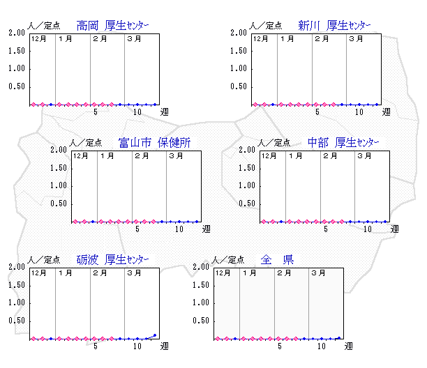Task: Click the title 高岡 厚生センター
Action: click(x=112, y=26)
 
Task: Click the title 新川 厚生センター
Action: click(x=334, y=26)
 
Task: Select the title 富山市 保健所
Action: click(x=154, y=142)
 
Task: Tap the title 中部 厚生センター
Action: click(x=343, y=142)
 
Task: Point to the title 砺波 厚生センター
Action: click(x=112, y=260)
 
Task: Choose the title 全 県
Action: click(x=277, y=260)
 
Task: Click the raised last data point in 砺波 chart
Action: click(x=155, y=335)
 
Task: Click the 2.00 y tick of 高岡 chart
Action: click(x=17, y=33)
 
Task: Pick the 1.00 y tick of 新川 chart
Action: click(x=239, y=68)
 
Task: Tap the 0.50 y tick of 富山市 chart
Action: click(x=59, y=204)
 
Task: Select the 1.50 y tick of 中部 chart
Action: click(x=247, y=168)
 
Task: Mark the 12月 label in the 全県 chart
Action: click(x=223, y=273)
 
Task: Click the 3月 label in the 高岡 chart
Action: click(x=134, y=38)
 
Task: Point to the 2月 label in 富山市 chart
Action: click(x=142, y=156)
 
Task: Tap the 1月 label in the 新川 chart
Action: click(x=287, y=38)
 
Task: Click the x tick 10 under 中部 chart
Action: click(x=368, y=229)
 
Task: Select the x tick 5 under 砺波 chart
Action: click(x=96, y=346)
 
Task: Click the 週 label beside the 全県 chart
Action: click(x=349, y=346)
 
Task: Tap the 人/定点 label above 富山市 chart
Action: click(x=86, y=143)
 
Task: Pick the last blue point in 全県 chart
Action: click(x=339, y=338)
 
